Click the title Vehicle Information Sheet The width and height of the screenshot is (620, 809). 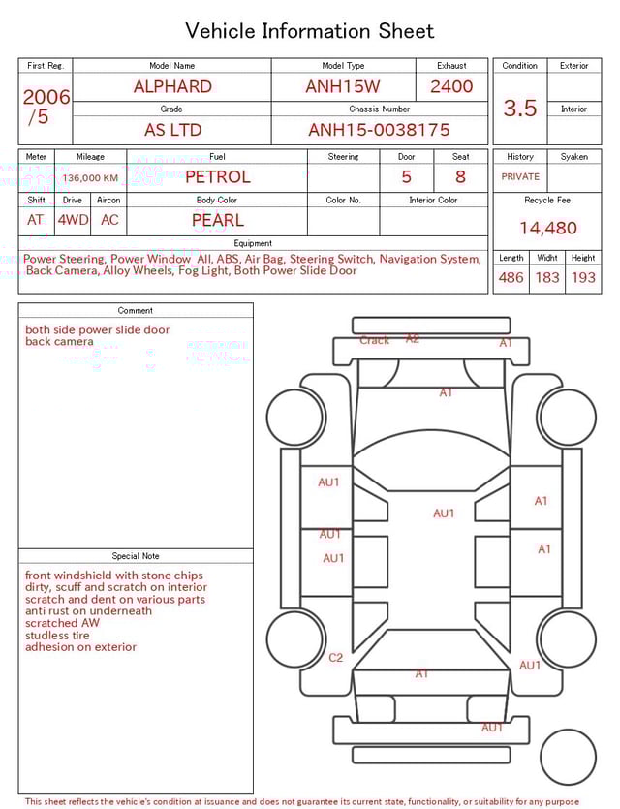tap(310, 31)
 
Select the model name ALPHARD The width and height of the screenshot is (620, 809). tap(172, 86)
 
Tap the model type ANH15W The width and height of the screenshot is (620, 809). tap(343, 86)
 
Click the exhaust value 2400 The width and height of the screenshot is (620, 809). tap(451, 86)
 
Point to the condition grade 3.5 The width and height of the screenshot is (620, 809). tap(520, 109)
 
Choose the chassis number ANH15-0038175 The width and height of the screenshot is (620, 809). tap(379, 130)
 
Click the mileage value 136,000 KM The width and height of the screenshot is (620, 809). tap(90, 178)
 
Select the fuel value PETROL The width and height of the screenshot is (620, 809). tap(217, 177)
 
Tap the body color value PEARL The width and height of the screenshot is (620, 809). tap(217, 220)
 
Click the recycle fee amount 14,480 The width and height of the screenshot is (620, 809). tap(547, 229)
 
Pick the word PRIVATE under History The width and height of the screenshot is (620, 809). tap(520, 177)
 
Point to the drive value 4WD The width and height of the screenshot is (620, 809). tap(73, 220)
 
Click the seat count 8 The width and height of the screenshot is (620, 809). tap(460, 177)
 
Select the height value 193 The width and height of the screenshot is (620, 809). tap(583, 278)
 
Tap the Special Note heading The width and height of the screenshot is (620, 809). tap(136, 556)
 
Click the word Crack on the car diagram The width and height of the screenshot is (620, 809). tap(375, 340)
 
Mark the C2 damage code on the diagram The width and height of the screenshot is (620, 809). tap(335, 658)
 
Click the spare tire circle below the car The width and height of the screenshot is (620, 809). tap(568, 758)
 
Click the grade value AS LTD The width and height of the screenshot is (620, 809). tap(172, 130)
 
